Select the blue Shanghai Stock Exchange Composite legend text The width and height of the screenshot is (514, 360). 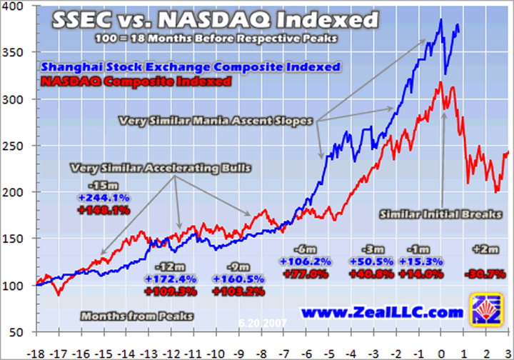191,67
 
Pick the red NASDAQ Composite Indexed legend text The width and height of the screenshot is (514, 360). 137,82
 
